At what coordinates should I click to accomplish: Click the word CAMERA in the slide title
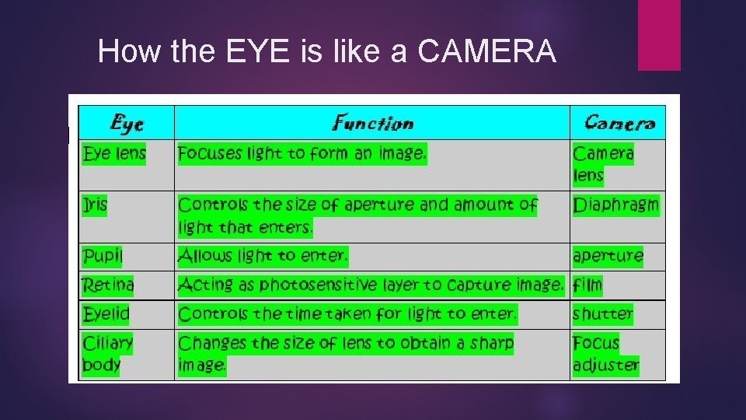tap(486, 52)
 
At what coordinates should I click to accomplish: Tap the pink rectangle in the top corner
tap(659, 35)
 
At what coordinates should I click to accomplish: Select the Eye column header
tap(127, 123)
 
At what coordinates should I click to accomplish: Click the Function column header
tap(373, 123)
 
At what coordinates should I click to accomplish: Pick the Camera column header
tap(619, 123)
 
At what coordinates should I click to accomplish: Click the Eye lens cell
tap(114, 153)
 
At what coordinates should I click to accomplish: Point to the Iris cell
tap(96, 205)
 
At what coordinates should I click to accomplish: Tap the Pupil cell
tap(103, 256)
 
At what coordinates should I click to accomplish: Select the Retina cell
tap(108, 285)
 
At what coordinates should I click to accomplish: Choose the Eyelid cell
tap(106, 314)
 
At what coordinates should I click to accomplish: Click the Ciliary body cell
tap(108, 354)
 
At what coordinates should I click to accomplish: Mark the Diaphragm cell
tap(615, 205)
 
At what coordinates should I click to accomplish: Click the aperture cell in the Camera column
tap(608, 256)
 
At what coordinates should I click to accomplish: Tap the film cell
tap(587, 285)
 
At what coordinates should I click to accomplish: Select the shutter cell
tap(602, 314)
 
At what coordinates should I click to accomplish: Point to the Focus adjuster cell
tap(605, 354)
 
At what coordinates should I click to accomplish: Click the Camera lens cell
tap(603, 164)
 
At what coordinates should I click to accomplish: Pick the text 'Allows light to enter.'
tap(263, 255)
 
